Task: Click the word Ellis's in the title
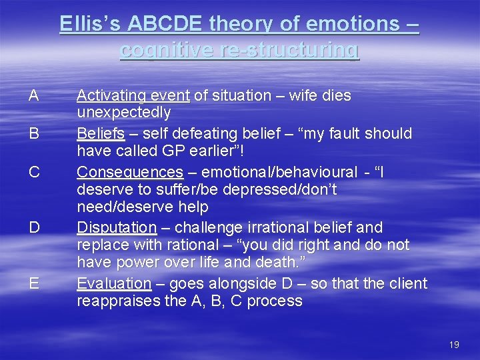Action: [x=89, y=24]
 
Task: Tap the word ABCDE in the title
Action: [x=163, y=24]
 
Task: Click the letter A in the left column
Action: [x=33, y=95]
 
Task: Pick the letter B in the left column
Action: [x=33, y=133]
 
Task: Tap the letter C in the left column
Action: [x=34, y=172]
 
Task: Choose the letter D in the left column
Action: [x=34, y=227]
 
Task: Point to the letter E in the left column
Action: [x=33, y=283]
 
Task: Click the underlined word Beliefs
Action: [x=101, y=133]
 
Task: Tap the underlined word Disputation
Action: [x=116, y=227]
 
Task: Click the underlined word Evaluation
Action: [x=114, y=283]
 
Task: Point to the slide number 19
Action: [x=454, y=345]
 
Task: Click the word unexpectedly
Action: [x=123, y=113]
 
